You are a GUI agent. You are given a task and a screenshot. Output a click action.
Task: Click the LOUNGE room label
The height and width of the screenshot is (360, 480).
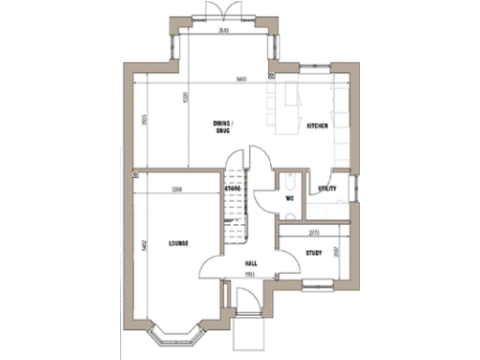178,244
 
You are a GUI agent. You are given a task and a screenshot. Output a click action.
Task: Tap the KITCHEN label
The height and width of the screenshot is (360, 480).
316,125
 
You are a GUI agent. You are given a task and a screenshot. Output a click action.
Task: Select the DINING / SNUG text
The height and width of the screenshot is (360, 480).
222,127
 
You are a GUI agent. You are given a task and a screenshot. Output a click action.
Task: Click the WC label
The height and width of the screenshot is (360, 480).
290,198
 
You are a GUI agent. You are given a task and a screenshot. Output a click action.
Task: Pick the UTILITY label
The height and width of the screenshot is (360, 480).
327,188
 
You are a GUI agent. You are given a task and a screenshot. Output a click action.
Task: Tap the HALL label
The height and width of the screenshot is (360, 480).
251,263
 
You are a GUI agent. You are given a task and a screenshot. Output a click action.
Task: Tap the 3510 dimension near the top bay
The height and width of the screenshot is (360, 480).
223,31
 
